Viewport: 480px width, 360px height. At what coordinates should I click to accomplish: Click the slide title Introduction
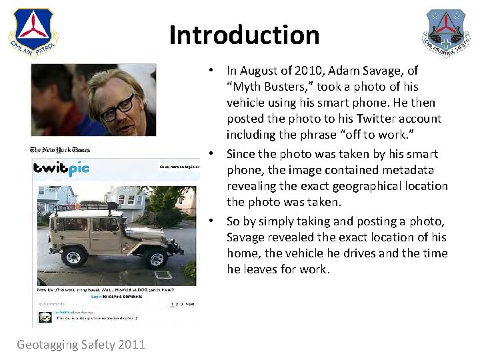click(244, 35)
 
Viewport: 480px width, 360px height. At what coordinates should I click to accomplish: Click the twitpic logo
click(61, 169)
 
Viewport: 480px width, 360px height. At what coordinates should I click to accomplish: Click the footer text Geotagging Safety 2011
click(81, 344)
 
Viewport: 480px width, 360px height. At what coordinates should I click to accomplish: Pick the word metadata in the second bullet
click(407, 170)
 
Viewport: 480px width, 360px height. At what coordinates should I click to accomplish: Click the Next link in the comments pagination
click(190, 304)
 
